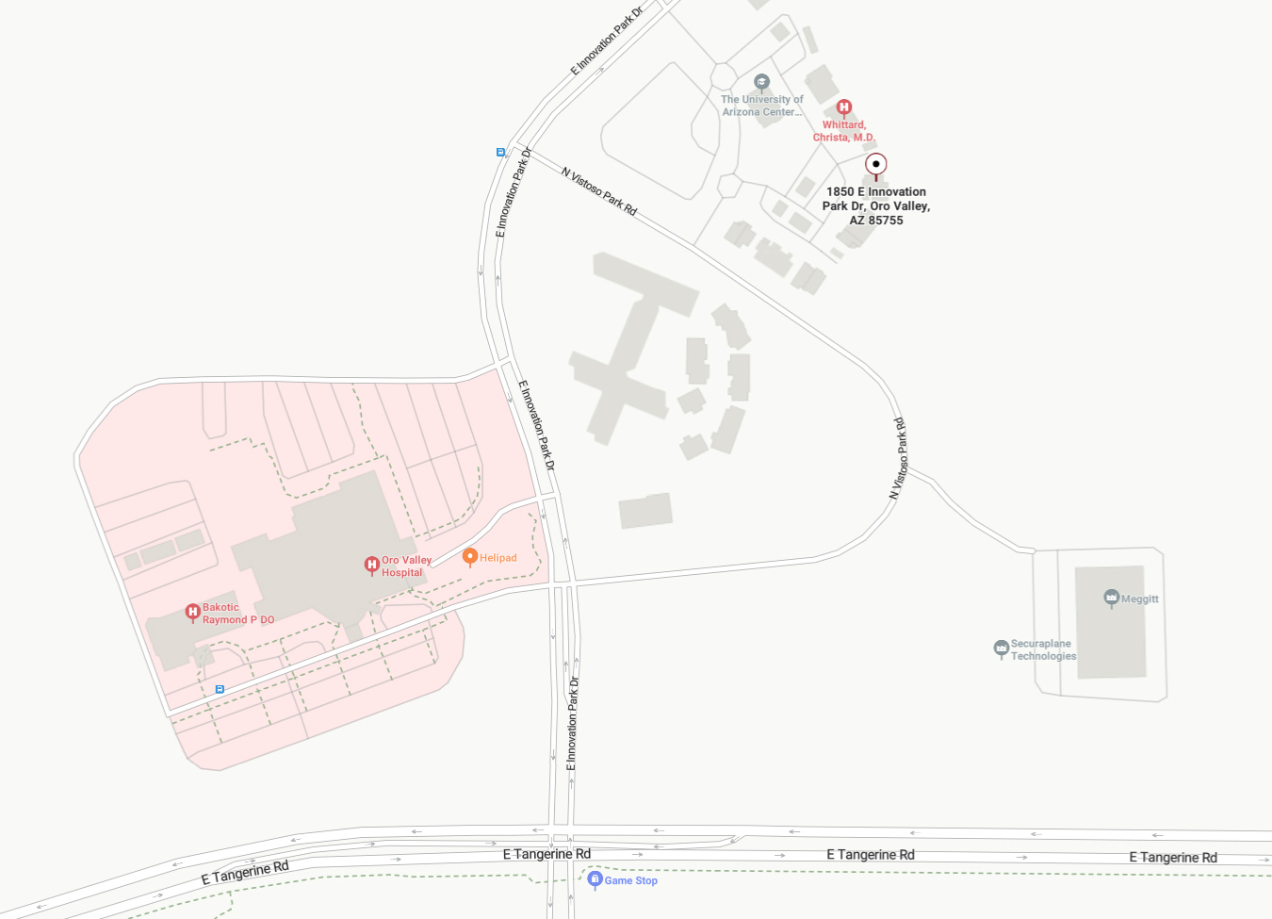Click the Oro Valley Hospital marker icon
coord(372,565)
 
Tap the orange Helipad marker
coord(470,556)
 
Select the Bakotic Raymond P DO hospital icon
coord(193,613)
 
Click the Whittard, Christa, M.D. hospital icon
coord(844,107)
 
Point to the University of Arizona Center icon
coord(762,82)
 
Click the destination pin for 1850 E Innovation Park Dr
coord(876,165)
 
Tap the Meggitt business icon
coord(1112,598)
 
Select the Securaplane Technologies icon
coord(1001,648)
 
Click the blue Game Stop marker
coord(595,878)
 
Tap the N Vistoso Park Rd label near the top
coord(599,191)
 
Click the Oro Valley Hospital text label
coord(406,566)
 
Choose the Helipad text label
coord(498,558)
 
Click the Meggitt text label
coord(1140,599)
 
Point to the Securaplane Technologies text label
coord(1043,650)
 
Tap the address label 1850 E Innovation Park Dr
coord(876,205)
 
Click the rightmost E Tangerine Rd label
coord(1173,858)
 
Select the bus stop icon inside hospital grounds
coord(220,689)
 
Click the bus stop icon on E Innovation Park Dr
coord(500,152)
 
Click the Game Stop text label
coord(631,880)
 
